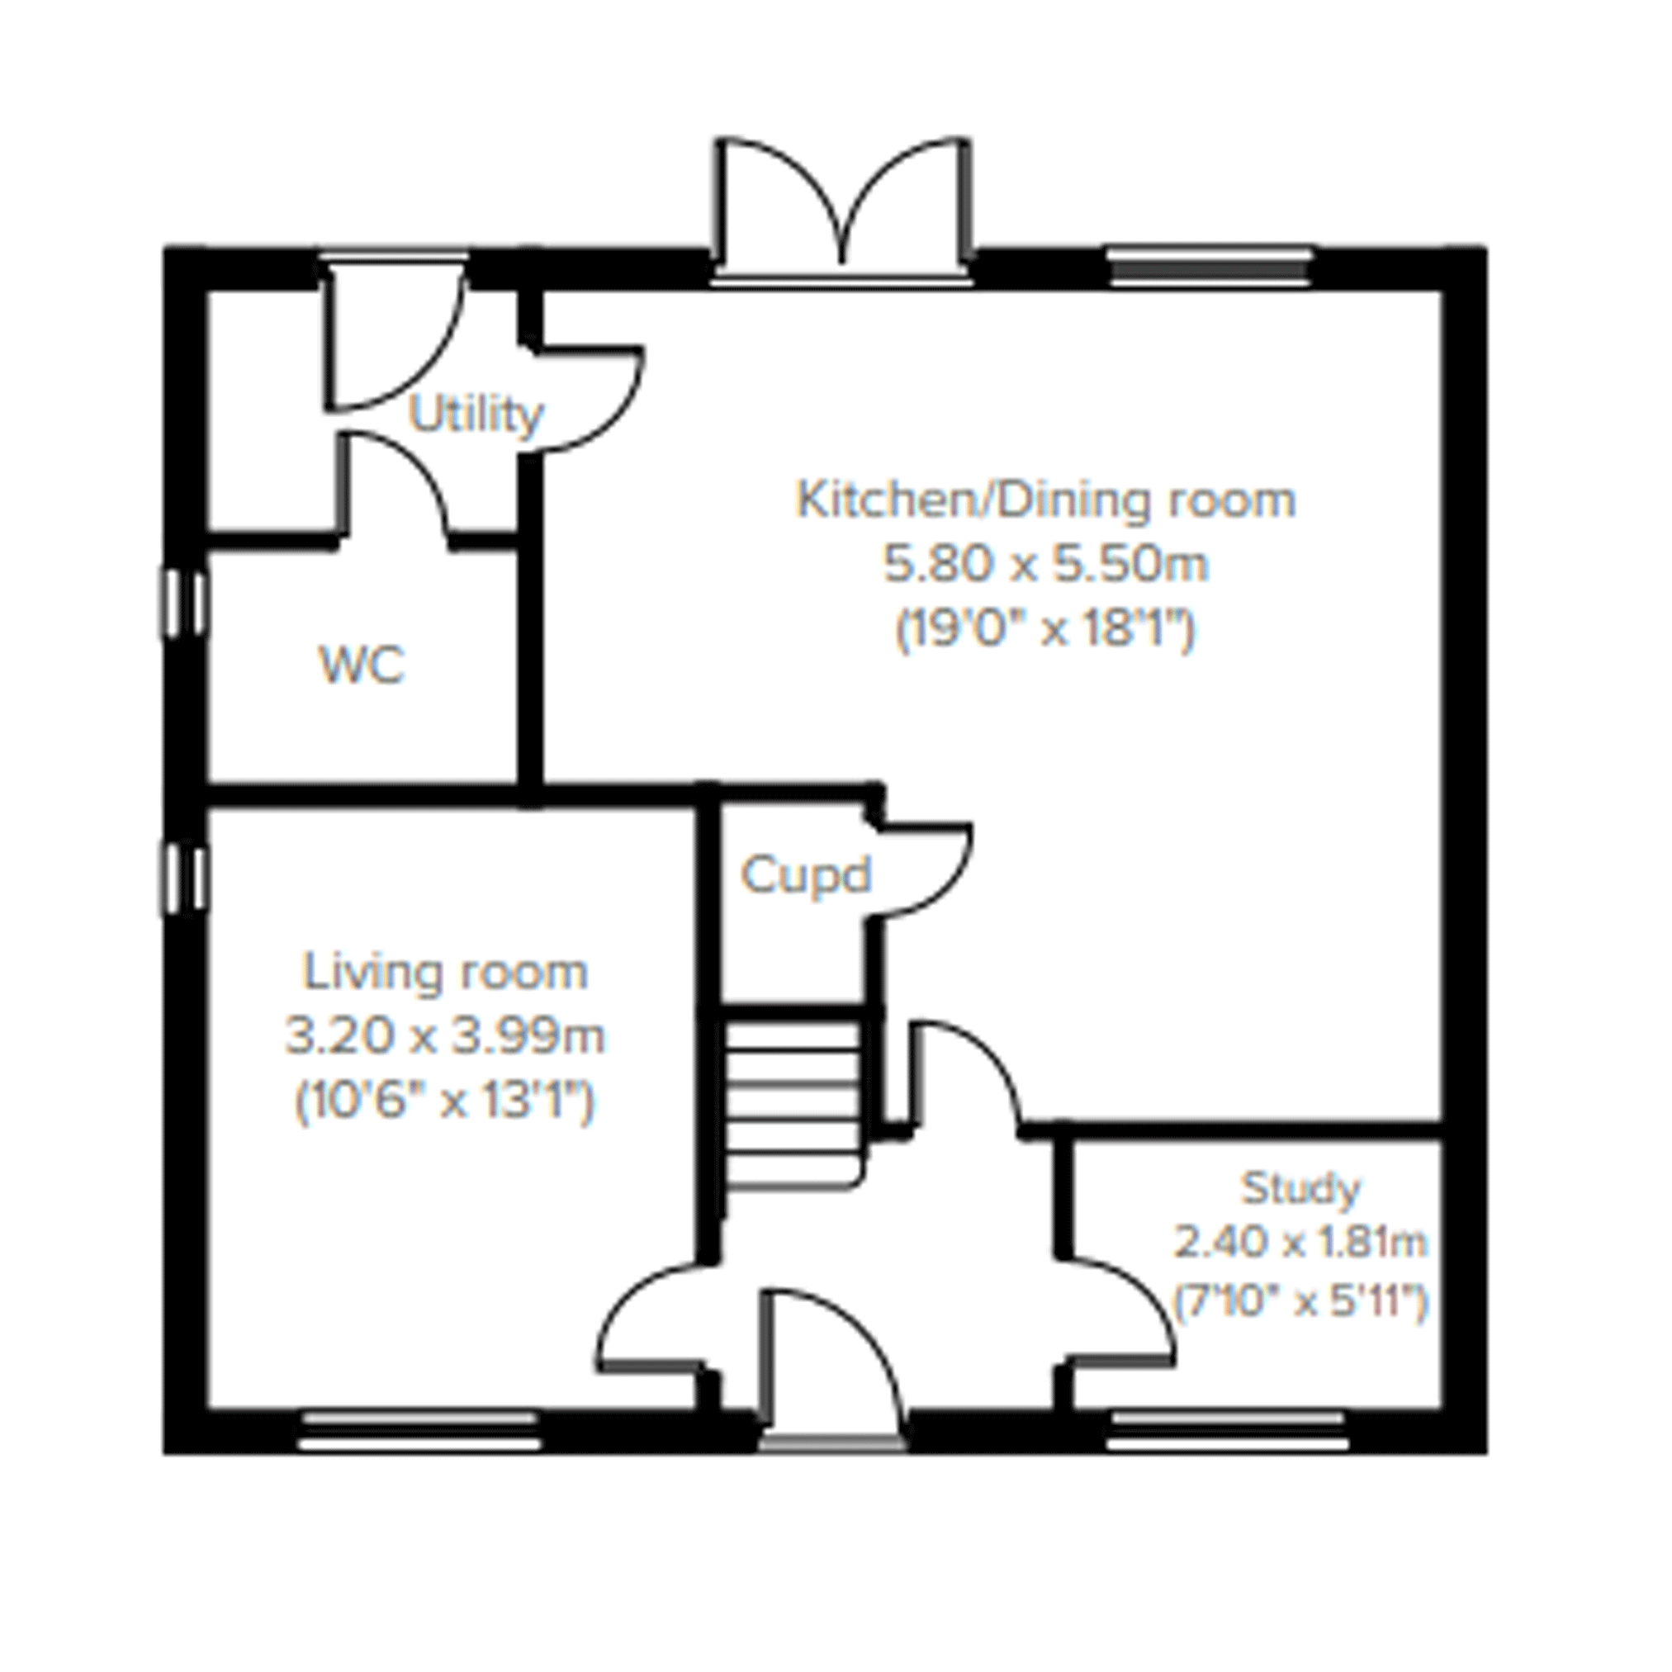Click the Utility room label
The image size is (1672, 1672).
pos(476,415)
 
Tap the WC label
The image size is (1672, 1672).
pos(362,665)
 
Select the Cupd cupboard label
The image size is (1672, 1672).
pos(806,875)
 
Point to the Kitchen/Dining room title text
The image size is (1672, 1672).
pos(1045,500)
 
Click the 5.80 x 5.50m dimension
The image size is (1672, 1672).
pos(1045,564)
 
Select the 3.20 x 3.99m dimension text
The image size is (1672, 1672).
pos(445,1036)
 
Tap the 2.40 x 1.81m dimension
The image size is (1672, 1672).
pos(1300,1243)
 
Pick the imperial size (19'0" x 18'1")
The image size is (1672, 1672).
pos(1045,629)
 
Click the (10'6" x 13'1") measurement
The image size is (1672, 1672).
pos(445,1101)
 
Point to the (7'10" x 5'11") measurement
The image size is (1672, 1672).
pos(1300,1301)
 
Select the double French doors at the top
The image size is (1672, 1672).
pos(842,208)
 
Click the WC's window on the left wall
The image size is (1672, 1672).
pos(183,603)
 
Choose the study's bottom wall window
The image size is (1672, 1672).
pos(1228,1430)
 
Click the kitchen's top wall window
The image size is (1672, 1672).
pos(1209,267)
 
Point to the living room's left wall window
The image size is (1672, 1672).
pos(183,879)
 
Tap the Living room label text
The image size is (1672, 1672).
pos(445,972)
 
